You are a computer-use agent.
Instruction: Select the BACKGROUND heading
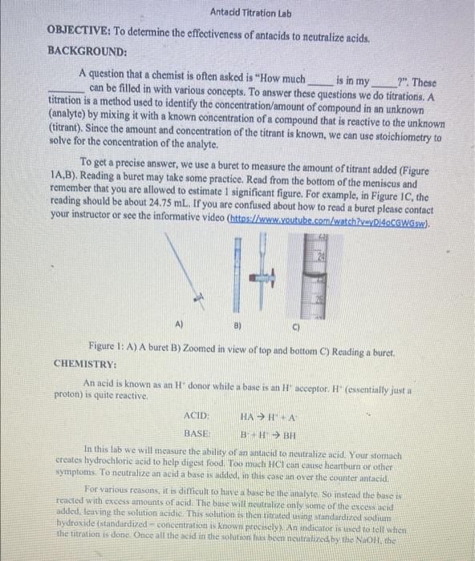[87, 52]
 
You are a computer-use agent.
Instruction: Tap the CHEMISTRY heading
[87, 363]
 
